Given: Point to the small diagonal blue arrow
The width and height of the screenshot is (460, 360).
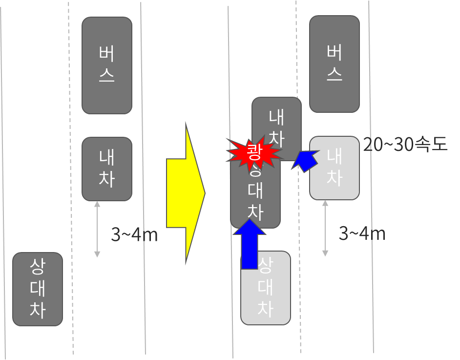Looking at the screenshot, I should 304,161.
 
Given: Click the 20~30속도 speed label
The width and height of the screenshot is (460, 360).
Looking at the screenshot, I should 405,145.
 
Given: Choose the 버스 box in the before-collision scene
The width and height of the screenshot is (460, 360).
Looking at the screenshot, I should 107,65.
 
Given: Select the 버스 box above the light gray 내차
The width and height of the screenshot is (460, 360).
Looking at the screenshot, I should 335,64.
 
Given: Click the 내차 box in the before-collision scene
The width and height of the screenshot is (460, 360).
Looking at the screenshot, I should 107,169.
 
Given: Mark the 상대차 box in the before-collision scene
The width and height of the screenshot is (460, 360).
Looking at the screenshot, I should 38,289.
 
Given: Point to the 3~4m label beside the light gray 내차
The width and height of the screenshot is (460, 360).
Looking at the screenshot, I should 362,233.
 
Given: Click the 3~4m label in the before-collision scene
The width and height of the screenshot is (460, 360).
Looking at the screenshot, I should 134,235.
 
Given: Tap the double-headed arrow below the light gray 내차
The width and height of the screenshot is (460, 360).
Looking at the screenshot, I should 325,228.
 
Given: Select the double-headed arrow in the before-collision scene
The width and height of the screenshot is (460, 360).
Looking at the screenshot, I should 97,229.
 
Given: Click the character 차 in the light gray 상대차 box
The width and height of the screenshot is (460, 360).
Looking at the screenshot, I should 265,309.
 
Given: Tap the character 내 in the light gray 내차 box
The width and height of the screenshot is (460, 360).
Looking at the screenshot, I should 335,156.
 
